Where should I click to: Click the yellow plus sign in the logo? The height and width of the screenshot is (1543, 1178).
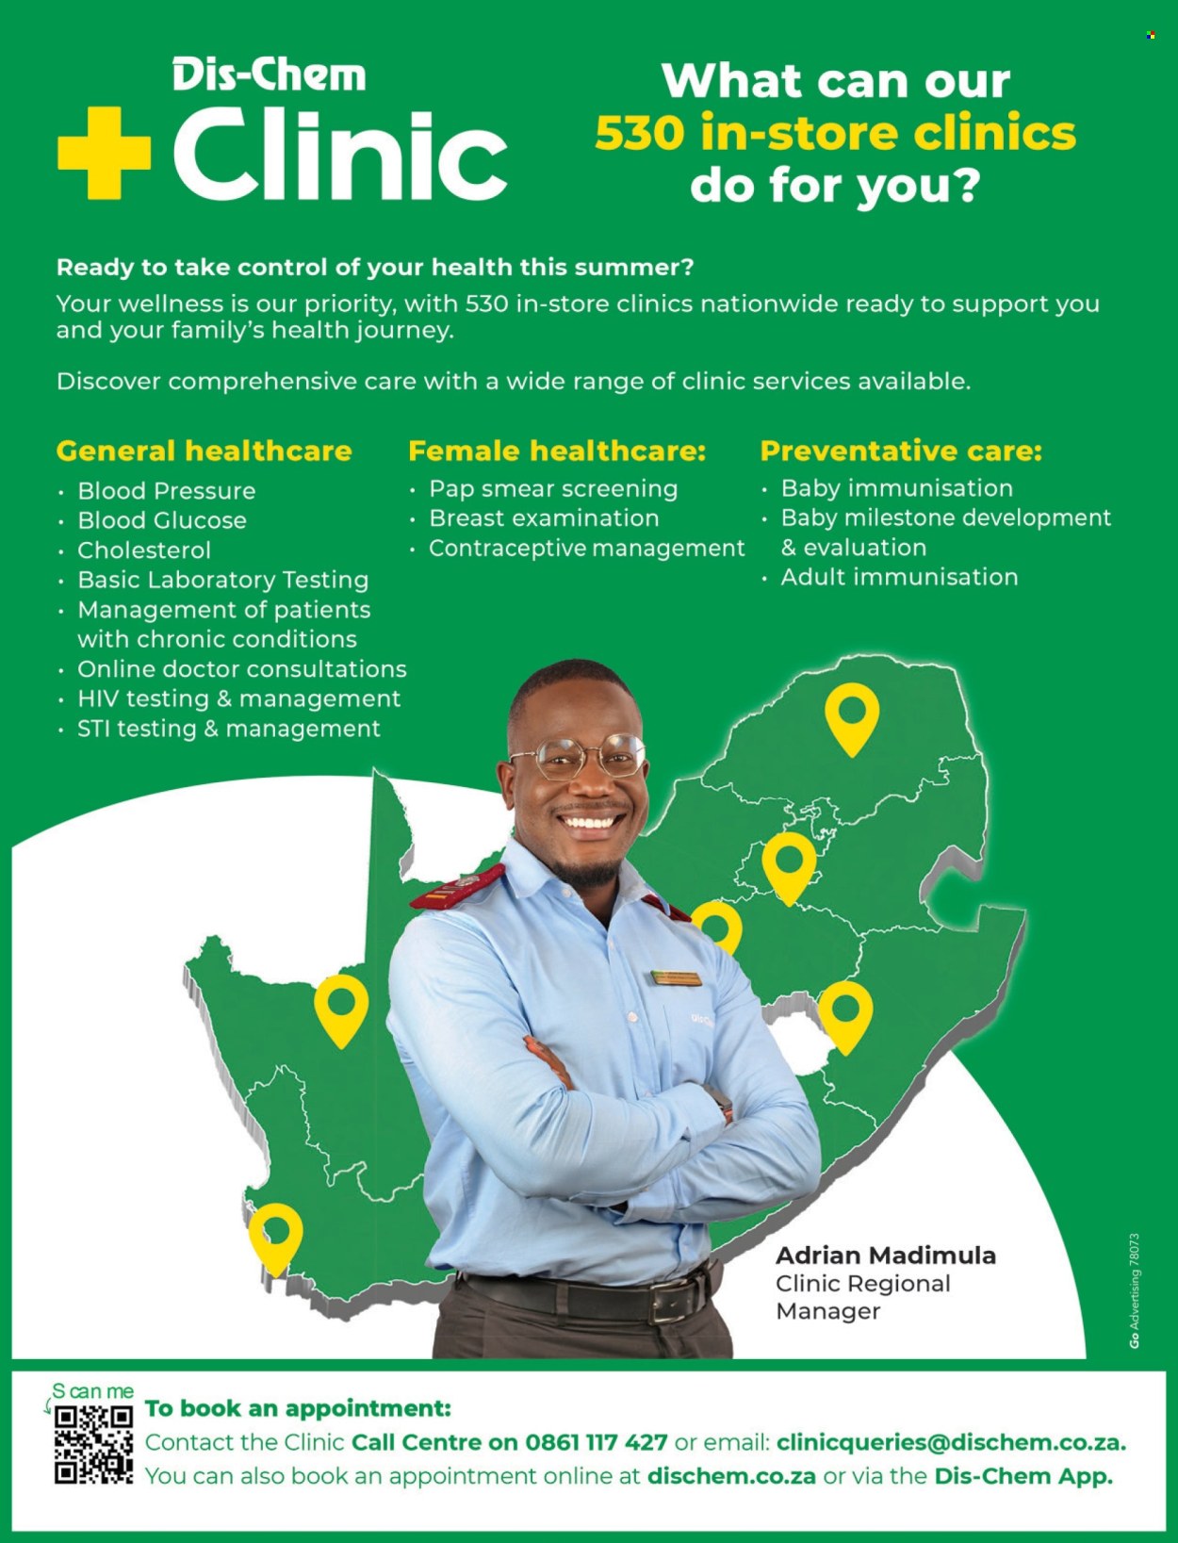[x=104, y=154]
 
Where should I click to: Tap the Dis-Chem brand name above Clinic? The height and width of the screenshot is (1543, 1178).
[x=270, y=75]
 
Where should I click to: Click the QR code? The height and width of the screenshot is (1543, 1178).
[x=93, y=1445]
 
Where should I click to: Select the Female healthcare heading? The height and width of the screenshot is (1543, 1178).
[x=557, y=451]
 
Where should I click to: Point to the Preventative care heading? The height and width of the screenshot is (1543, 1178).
[x=901, y=451]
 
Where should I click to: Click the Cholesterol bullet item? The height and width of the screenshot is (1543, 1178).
[x=144, y=550]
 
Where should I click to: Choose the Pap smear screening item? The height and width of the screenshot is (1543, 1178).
[x=554, y=489]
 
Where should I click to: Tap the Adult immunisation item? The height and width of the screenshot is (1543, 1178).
[x=900, y=577]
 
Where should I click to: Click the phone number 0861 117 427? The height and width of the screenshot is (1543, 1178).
[x=596, y=1442]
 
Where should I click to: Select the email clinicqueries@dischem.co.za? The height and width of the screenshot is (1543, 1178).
[x=952, y=1442]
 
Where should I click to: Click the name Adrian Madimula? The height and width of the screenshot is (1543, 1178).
[x=886, y=1256]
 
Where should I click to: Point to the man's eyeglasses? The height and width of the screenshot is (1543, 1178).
[x=578, y=756]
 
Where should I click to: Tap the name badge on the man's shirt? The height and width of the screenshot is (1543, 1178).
[x=676, y=978]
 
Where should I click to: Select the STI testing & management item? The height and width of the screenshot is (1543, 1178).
[x=228, y=729]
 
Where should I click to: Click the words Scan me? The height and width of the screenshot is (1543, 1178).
[x=92, y=1391]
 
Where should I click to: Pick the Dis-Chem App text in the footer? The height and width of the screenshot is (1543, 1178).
[x=1023, y=1476]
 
